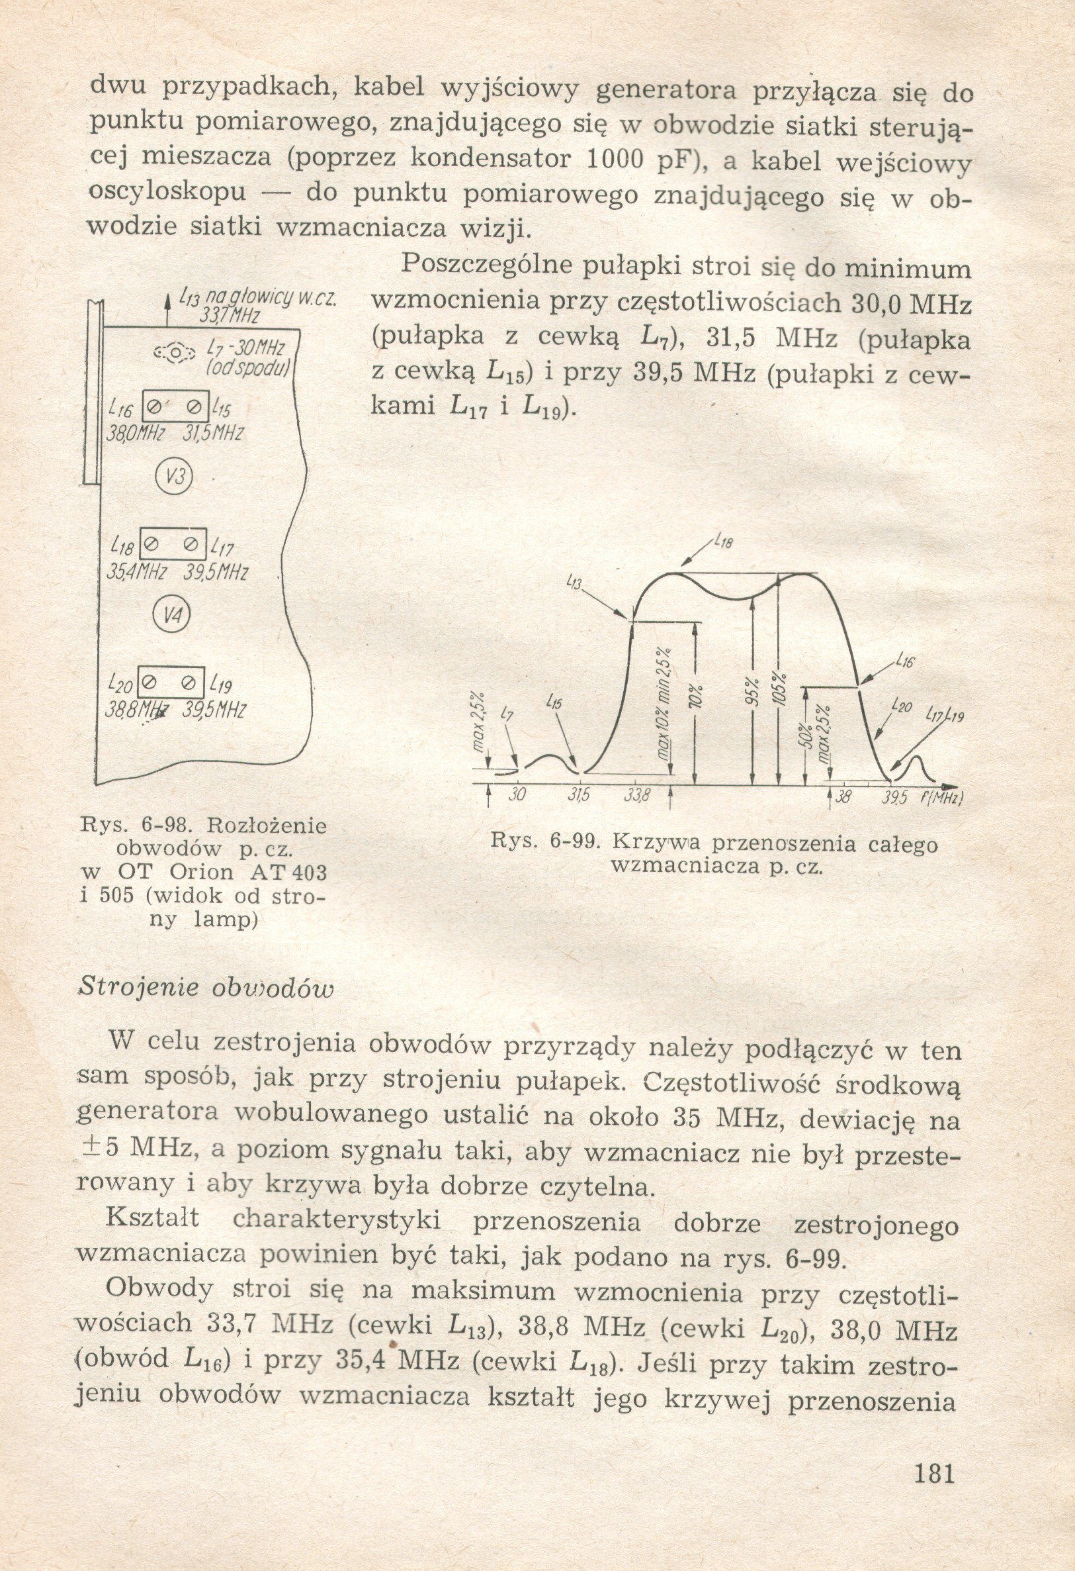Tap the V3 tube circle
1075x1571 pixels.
click(175, 478)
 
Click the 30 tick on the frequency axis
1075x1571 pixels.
click(517, 796)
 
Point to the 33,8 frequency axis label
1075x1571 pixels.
click(636, 796)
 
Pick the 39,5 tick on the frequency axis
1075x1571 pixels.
click(893, 798)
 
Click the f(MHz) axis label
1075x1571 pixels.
click(941, 798)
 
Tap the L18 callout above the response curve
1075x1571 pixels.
click(722, 542)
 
